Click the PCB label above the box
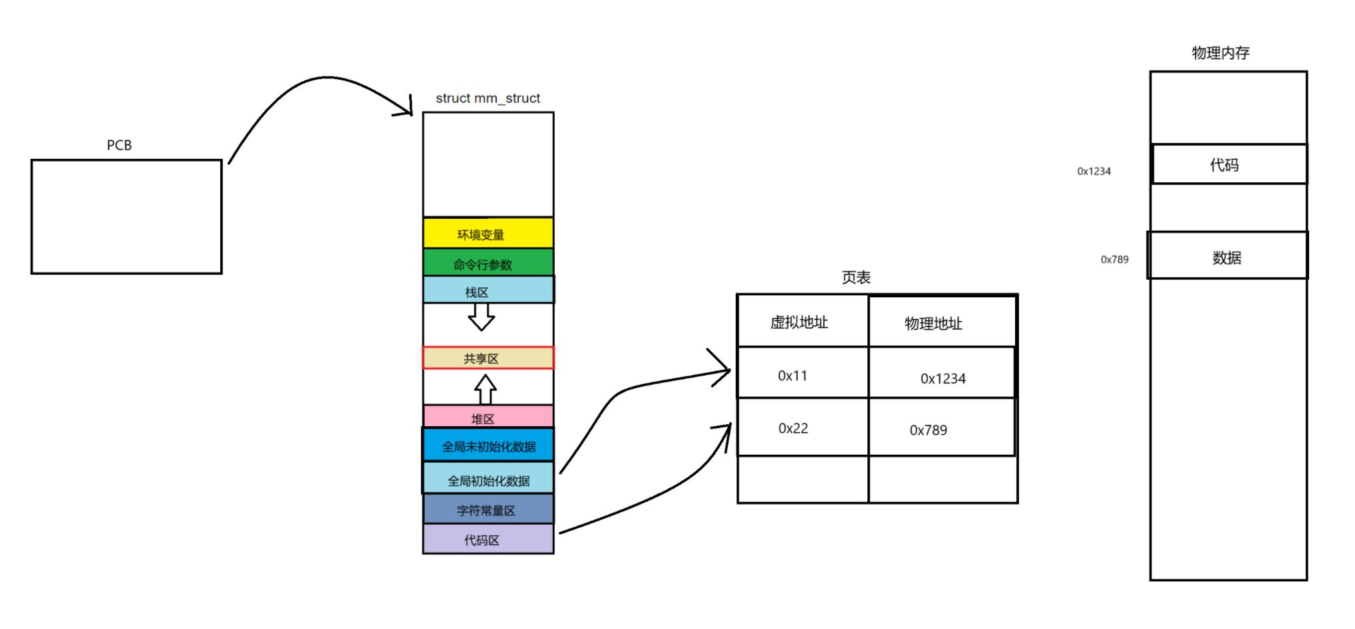coord(119,145)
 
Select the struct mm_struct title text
coord(488,98)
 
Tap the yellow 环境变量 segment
coord(488,233)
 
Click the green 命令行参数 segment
coord(488,263)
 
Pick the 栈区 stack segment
coord(488,291)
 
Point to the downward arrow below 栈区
coord(481,316)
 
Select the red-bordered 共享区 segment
coord(488,358)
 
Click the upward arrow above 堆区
coord(485,389)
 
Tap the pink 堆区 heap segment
coord(488,417)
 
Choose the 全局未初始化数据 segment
coord(488,445)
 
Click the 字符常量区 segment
coord(488,509)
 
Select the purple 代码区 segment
coord(488,539)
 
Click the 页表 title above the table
coord(855,277)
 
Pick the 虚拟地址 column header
coord(800,322)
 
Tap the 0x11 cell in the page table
coord(793,376)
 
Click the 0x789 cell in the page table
coord(929,430)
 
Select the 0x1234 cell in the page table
coord(943,378)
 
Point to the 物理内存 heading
coord(1220,53)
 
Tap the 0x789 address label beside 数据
coord(1114,259)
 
